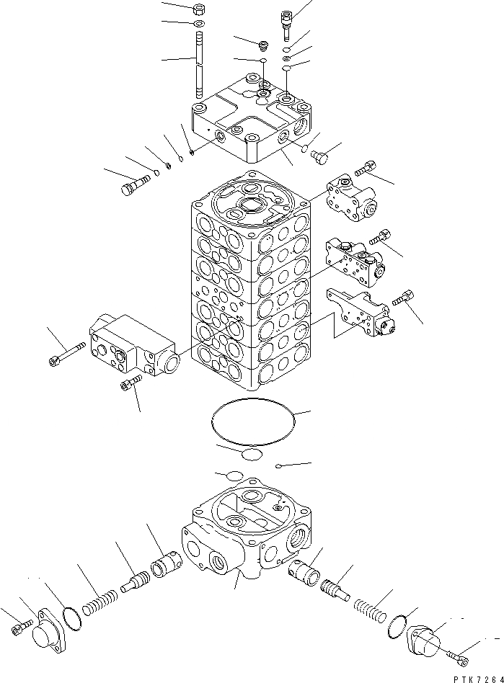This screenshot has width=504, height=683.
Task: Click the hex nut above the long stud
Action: coord(200,11)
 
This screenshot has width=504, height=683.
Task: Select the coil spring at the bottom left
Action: coord(100,599)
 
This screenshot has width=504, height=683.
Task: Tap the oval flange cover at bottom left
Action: coord(46,632)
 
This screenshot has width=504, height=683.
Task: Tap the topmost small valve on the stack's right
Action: coord(351,197)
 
